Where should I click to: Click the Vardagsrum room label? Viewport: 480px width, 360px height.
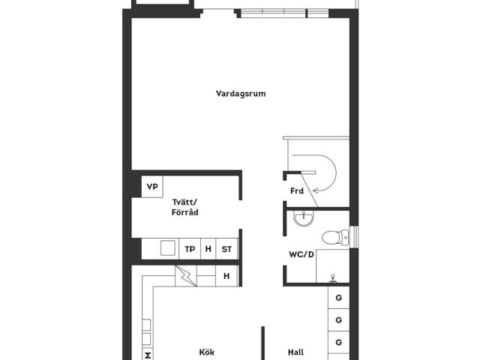[241, 94]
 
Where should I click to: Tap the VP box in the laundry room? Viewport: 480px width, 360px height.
[152, 187]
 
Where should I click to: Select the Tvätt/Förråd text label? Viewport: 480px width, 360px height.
[184, 208]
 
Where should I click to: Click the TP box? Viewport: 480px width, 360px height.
[190, 249]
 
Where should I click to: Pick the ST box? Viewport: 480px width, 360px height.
[226, 249]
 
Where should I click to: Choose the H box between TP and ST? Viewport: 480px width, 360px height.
[208, 249]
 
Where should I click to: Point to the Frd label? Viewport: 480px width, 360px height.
[297, 191]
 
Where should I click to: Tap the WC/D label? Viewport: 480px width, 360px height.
[301, 253]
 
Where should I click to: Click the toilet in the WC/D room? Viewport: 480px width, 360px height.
[332, 238]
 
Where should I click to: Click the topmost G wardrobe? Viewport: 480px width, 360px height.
[339, 298]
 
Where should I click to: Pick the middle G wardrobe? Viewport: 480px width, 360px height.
[339, 320]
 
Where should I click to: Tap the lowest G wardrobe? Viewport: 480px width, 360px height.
[339, 343]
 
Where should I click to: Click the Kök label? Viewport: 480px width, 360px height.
[206, 352]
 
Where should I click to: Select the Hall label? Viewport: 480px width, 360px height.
[296, 352]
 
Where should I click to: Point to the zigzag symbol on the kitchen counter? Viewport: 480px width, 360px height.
[187, 277]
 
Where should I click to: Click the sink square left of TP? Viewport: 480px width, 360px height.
[166, 249]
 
